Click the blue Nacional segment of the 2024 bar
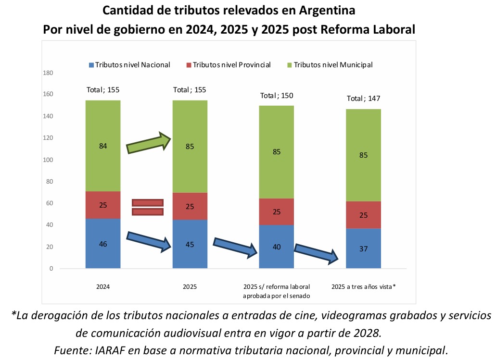tap(102, 243)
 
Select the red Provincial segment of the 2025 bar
tap(190, 206)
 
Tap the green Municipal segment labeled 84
tap(102, 146)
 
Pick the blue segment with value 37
tap(363, 248)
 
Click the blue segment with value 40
tap(276, 247)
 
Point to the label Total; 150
tap(276, 95)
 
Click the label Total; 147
tap(363, 99)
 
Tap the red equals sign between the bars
tap(148, 207)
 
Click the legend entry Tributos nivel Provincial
tap(228, 65)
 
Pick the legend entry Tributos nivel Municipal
tap(330, 65)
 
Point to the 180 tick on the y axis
tap(48, 73)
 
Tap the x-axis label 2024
tap(102, 286)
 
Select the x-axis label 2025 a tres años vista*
tap(363, 286)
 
